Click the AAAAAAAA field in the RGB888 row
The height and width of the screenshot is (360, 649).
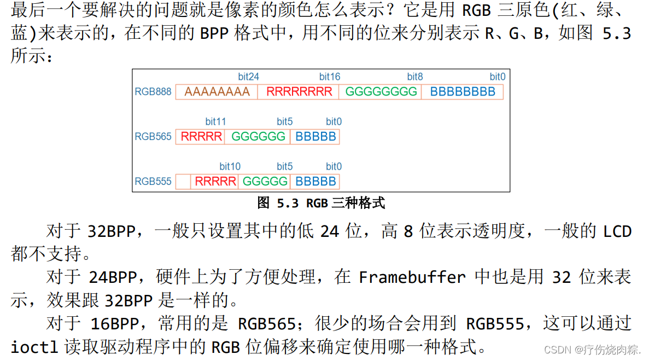click(217, 92)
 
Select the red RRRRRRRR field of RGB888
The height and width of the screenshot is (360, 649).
click(299, 92)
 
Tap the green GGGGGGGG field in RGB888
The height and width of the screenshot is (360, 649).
click(381, 92)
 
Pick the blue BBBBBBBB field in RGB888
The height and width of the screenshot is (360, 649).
click(463, 92)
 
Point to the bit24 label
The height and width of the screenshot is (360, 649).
click(248, 77)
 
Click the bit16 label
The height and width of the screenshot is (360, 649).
click(330, 77)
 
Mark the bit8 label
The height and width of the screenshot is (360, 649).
click(415, 77)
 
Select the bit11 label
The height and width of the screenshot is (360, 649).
click(215, 121)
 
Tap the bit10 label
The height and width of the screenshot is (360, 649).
click(230, 166)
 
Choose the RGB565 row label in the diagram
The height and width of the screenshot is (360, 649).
click(153, 137)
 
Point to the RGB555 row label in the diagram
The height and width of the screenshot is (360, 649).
click(153, 182)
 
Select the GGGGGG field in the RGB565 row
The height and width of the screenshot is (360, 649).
click(258, 137)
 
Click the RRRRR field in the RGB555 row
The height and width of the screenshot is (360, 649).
click(215, 182)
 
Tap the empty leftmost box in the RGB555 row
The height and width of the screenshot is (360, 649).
click(184, 182)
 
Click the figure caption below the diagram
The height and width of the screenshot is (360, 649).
click(321, 204)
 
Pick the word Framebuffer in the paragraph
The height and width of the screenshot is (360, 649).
click(412, 277)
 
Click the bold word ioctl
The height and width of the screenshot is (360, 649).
click(34, 347)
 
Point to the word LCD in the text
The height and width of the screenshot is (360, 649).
click(617, 231)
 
